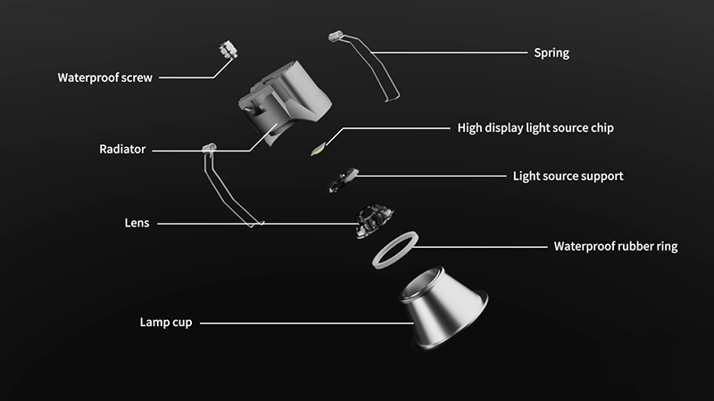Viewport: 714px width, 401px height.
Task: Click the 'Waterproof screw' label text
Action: click(x=104, y=78)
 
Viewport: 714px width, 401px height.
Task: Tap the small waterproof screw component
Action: click(x=228, y=50)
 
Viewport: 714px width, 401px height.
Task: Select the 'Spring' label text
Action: click(x=552, y=53)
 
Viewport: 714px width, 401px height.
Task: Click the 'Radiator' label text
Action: click(x=122, y=149)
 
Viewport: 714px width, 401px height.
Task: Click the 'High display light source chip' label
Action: click(x=535, y=127)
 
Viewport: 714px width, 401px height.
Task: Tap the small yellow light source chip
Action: click(x=319, y=148)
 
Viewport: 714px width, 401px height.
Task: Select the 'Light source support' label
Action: click(x=568, y=176)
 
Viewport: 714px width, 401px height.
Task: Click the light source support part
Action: click(x=344, y=180)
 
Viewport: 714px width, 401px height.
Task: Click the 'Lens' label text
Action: click(x=137, y=223)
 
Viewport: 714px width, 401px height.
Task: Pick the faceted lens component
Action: click(x=374, y=220)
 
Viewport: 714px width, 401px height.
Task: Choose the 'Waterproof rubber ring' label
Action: click(x=616, y=247)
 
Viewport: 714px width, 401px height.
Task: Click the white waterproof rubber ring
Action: click(x=379, y=259)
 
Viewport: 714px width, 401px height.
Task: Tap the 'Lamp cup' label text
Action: click(x=166, y=323)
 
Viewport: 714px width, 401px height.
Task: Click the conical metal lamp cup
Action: click(x=444, y=308)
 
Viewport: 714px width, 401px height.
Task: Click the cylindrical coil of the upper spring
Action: click(x=336, y=36)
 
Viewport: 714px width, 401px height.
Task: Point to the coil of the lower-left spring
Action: click(x=209, y=148)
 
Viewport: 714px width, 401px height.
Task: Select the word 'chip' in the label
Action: click(x=602, y=128)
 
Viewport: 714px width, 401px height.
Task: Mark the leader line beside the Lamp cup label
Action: click(x=307, y=323)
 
